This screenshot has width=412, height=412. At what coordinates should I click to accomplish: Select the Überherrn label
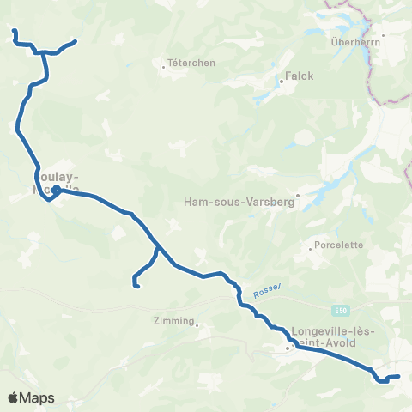pyautogui.click(x=354, y=42)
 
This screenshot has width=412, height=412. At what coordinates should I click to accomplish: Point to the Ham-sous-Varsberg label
pyautogui.click(x=240, y=203)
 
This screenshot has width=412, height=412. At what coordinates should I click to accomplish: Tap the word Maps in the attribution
pyautogui.click(x=39, y=397)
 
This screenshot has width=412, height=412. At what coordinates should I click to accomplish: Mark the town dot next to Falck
pyautogui.click(x=281, y=82)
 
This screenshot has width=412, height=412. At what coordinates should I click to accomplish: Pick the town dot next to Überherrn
pyautogui.click(x=383, y=35)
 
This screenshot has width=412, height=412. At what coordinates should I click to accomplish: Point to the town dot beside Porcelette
pyautogui.click(x=310, y=250)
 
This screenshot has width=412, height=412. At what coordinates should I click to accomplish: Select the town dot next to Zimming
pyautogui.click(x=197, y=324)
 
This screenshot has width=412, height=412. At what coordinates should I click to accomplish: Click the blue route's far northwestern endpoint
pyautogui.click(x=14, y=31)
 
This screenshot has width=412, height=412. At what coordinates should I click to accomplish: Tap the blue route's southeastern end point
pyautogui.click(x=398, y=376)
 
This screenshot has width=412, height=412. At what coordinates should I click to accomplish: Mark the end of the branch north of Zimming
pyautogui.click(x=138, y=286)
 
